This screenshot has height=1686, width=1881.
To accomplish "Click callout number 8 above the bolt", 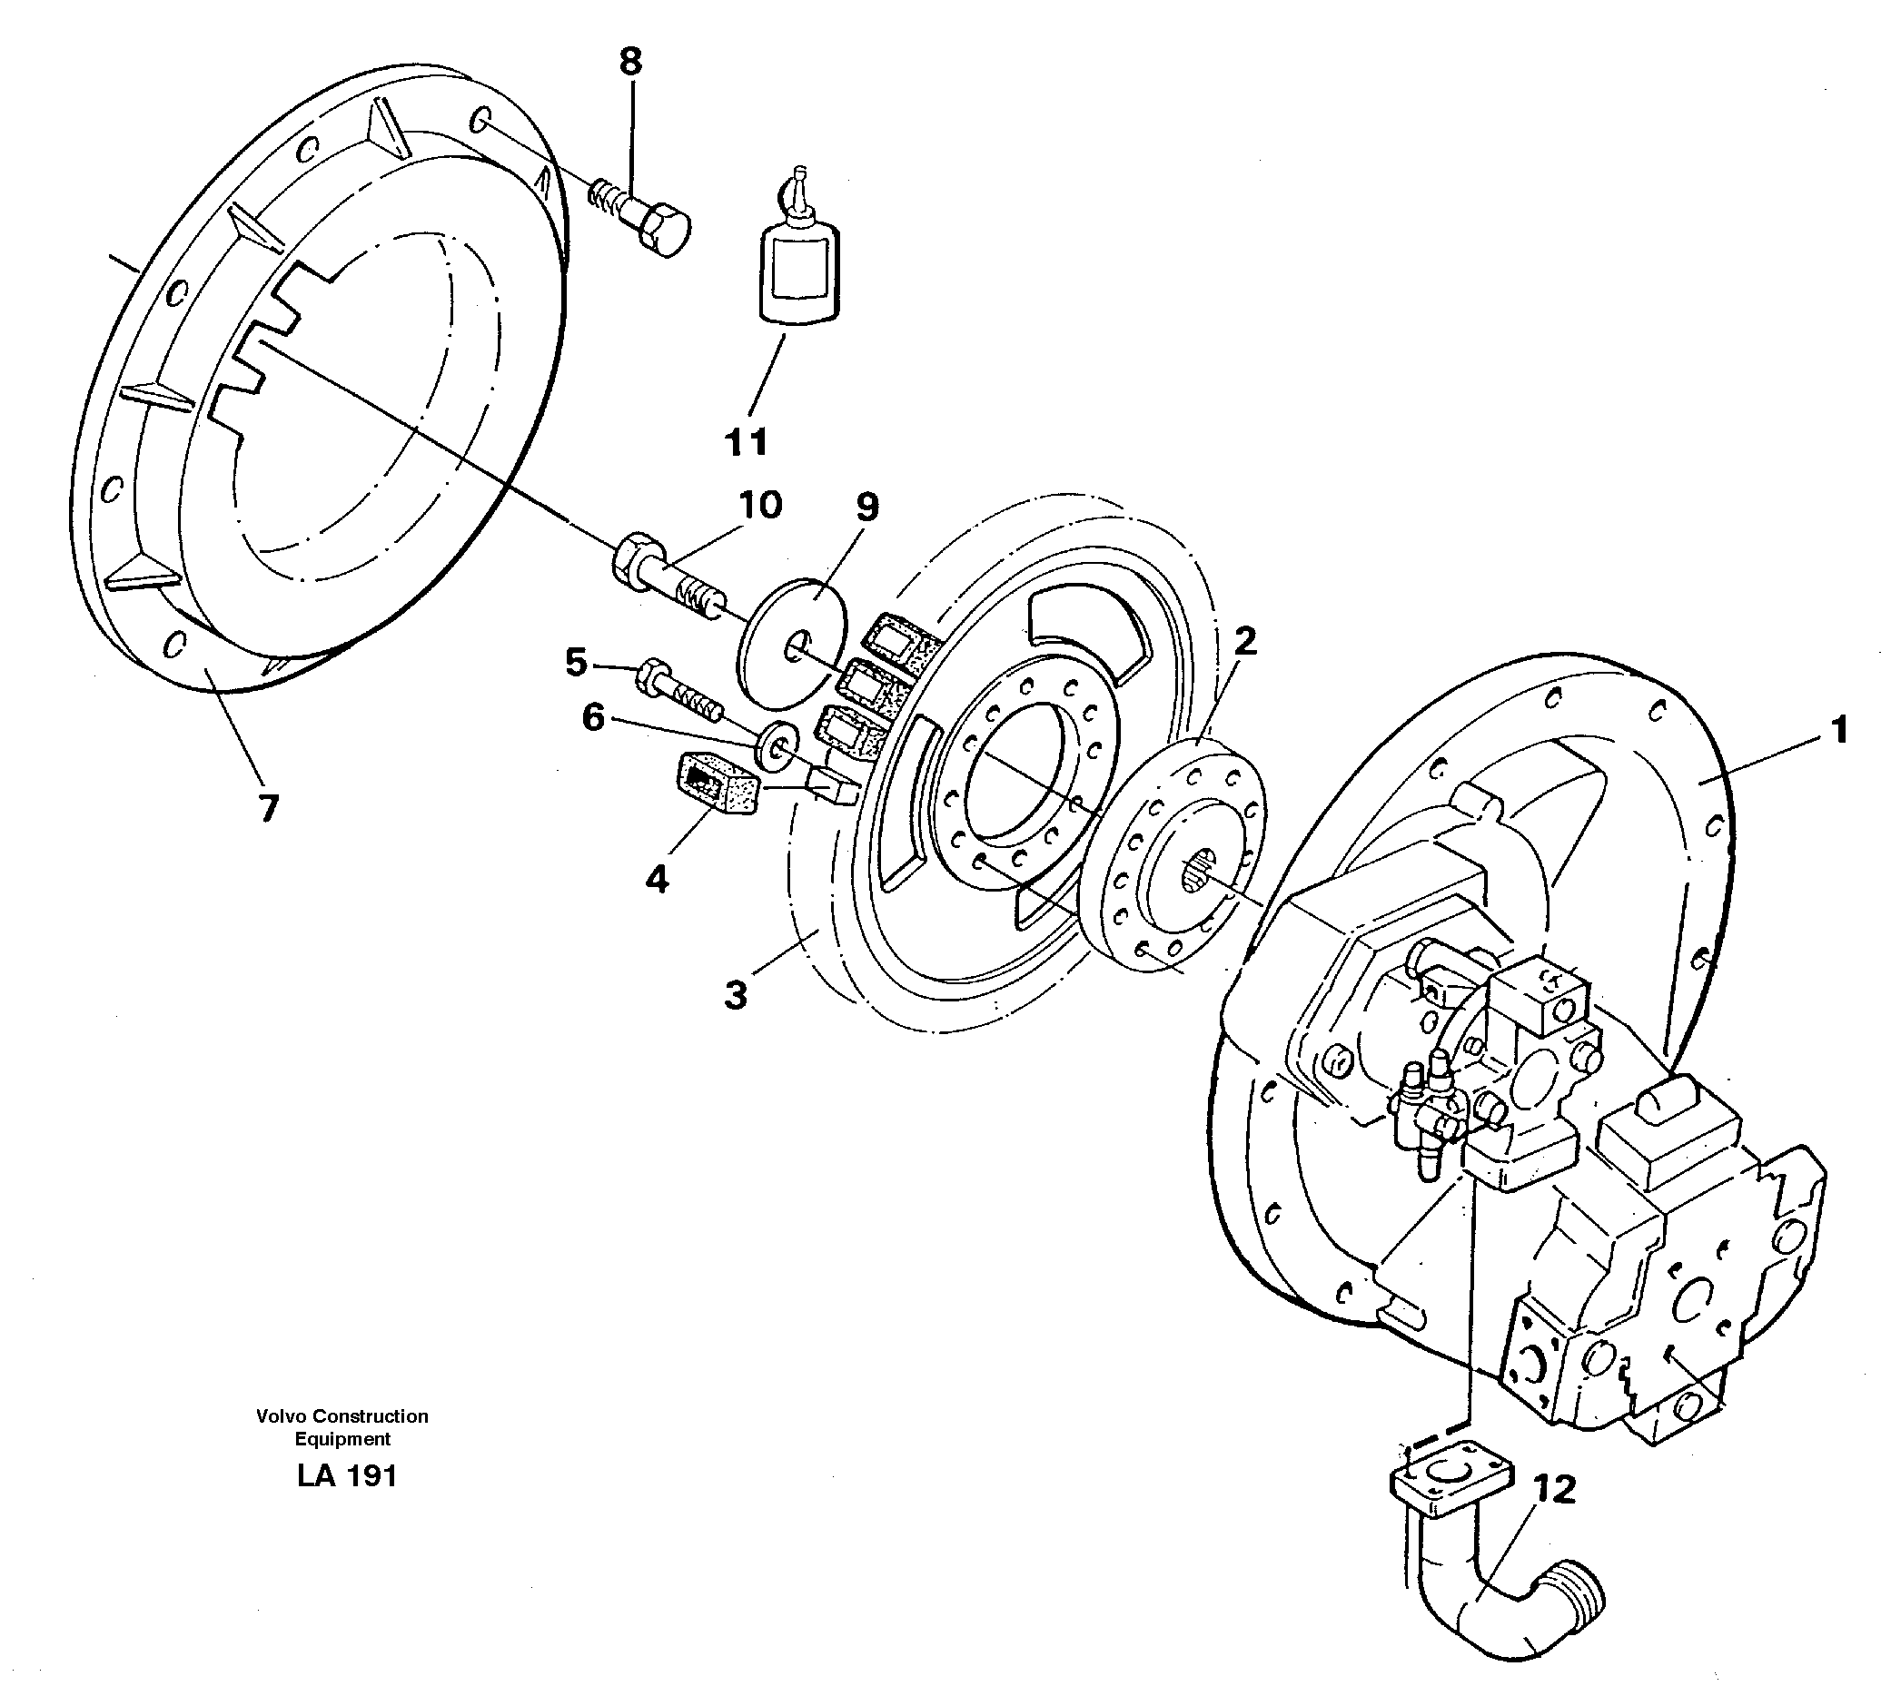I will point(629,62).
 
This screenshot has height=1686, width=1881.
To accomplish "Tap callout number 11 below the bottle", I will point(746,443).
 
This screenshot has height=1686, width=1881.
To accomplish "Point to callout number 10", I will point(760,506).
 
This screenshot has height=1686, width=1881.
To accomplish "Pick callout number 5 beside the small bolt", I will point(576,663).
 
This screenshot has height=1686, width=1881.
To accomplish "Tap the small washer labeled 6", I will point(777,744).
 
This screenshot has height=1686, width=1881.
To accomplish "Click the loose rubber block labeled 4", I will point(718,784).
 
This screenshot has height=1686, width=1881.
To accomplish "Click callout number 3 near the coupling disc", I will point(735,997).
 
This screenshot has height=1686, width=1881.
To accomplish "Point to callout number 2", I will point(1244,640).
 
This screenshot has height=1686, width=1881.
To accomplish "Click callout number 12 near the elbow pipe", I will point(1554,1490).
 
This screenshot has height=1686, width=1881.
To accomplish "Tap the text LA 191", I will point(347,1475).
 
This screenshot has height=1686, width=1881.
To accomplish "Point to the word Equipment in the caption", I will point(342,1439).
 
